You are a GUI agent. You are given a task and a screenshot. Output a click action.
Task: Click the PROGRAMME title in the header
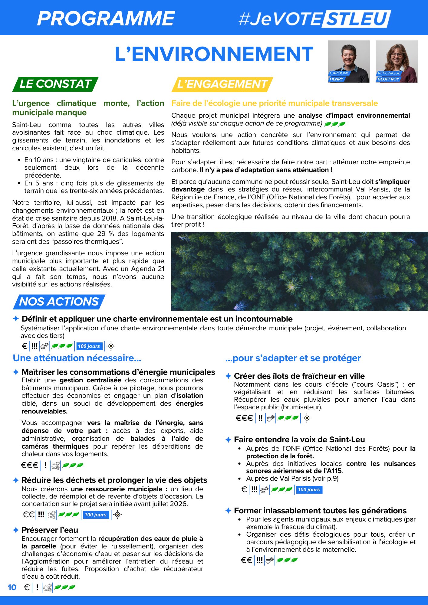106,18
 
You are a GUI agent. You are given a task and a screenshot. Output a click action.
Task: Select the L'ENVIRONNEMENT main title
214,54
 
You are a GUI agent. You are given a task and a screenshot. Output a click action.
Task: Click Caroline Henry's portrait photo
349,61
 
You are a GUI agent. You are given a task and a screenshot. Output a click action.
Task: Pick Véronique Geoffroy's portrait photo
397,61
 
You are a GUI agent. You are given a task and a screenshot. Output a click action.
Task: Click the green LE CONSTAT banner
55,84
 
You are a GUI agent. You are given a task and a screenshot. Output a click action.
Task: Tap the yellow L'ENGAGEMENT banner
222,84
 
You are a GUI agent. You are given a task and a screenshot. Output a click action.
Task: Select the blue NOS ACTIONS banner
59,302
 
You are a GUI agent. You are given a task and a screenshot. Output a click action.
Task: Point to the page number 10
12,587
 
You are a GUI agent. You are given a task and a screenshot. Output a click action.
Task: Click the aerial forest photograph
299,271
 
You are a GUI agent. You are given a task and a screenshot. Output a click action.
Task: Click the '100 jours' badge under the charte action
89,346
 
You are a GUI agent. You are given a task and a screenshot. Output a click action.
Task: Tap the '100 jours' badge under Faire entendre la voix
309,489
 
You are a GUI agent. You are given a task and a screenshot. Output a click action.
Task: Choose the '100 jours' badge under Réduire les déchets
96,515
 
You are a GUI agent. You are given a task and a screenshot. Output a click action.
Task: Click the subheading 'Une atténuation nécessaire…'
77,358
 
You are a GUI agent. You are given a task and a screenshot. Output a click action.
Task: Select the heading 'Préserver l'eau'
50,530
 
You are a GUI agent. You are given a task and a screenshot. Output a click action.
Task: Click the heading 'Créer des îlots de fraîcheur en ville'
299,376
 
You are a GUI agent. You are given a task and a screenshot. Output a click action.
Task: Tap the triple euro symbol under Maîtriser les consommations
30,465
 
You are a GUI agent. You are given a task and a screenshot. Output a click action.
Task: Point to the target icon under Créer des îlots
307,418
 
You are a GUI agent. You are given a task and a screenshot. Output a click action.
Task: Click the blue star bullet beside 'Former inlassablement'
228,511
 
